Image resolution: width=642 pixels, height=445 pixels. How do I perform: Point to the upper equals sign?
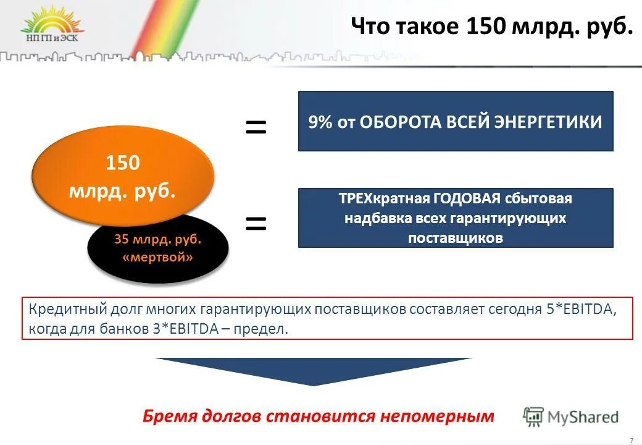click(256, 128)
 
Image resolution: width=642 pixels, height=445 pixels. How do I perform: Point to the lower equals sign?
click(256, 223)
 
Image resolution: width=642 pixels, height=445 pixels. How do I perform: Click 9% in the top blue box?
click(320, 122)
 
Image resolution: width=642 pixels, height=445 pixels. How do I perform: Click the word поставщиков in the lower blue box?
click(456, 238)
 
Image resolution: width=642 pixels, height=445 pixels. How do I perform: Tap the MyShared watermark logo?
click(570, 417)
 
